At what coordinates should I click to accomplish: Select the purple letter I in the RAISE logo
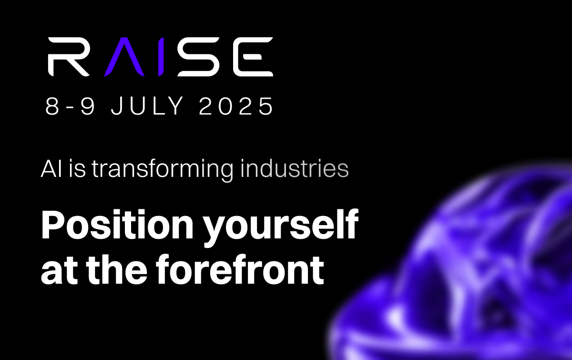point(161,57)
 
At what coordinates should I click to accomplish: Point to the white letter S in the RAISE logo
point(199,57)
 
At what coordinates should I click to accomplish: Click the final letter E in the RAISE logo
point(253,57)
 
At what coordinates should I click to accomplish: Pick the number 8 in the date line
point(52,106)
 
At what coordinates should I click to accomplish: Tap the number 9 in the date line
point(88,106)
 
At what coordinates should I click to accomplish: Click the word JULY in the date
point(147,106)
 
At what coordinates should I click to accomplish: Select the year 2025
point(236,106)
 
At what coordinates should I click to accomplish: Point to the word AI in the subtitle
point(51,169)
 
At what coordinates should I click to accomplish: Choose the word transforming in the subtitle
point(163,170)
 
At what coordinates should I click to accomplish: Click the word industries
point(295,168)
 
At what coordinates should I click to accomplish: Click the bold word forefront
point(240,269)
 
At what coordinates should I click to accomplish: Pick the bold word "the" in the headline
point(117,269)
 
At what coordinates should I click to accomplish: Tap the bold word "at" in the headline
point(59,272)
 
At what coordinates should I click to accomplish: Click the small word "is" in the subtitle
point(77,169)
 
